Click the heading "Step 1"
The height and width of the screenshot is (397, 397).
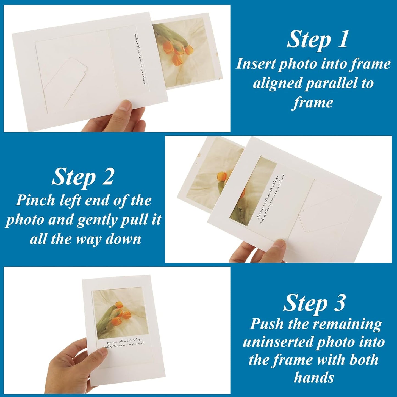click(x=317, y=40)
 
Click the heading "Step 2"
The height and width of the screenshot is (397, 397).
click(x=83, y=177)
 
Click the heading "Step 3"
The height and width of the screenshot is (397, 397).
click(x=314, y=303)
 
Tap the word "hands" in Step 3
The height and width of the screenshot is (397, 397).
click(x=314, y=377)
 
